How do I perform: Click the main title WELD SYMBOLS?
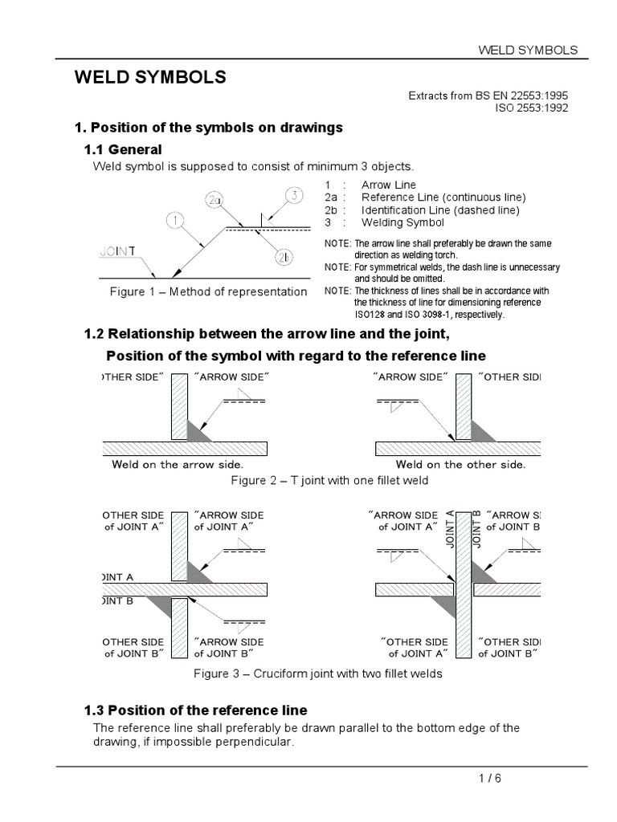(150, 78)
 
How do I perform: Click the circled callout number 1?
(176, 219)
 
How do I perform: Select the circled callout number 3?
(294, 195)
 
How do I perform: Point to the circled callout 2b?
(284, 257)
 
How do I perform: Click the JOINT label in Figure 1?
(117, 250)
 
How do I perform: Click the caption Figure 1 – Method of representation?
(208, 291)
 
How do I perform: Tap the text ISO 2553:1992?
(531, 108)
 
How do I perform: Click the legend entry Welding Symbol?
(402, 222)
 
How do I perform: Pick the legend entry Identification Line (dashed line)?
(440, 210)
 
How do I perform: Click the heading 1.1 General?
(123, 149)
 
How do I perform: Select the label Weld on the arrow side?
(178, 464)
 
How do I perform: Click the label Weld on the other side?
(460, 464)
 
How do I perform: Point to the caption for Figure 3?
(318, 673)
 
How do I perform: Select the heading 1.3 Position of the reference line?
(195, 710)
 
